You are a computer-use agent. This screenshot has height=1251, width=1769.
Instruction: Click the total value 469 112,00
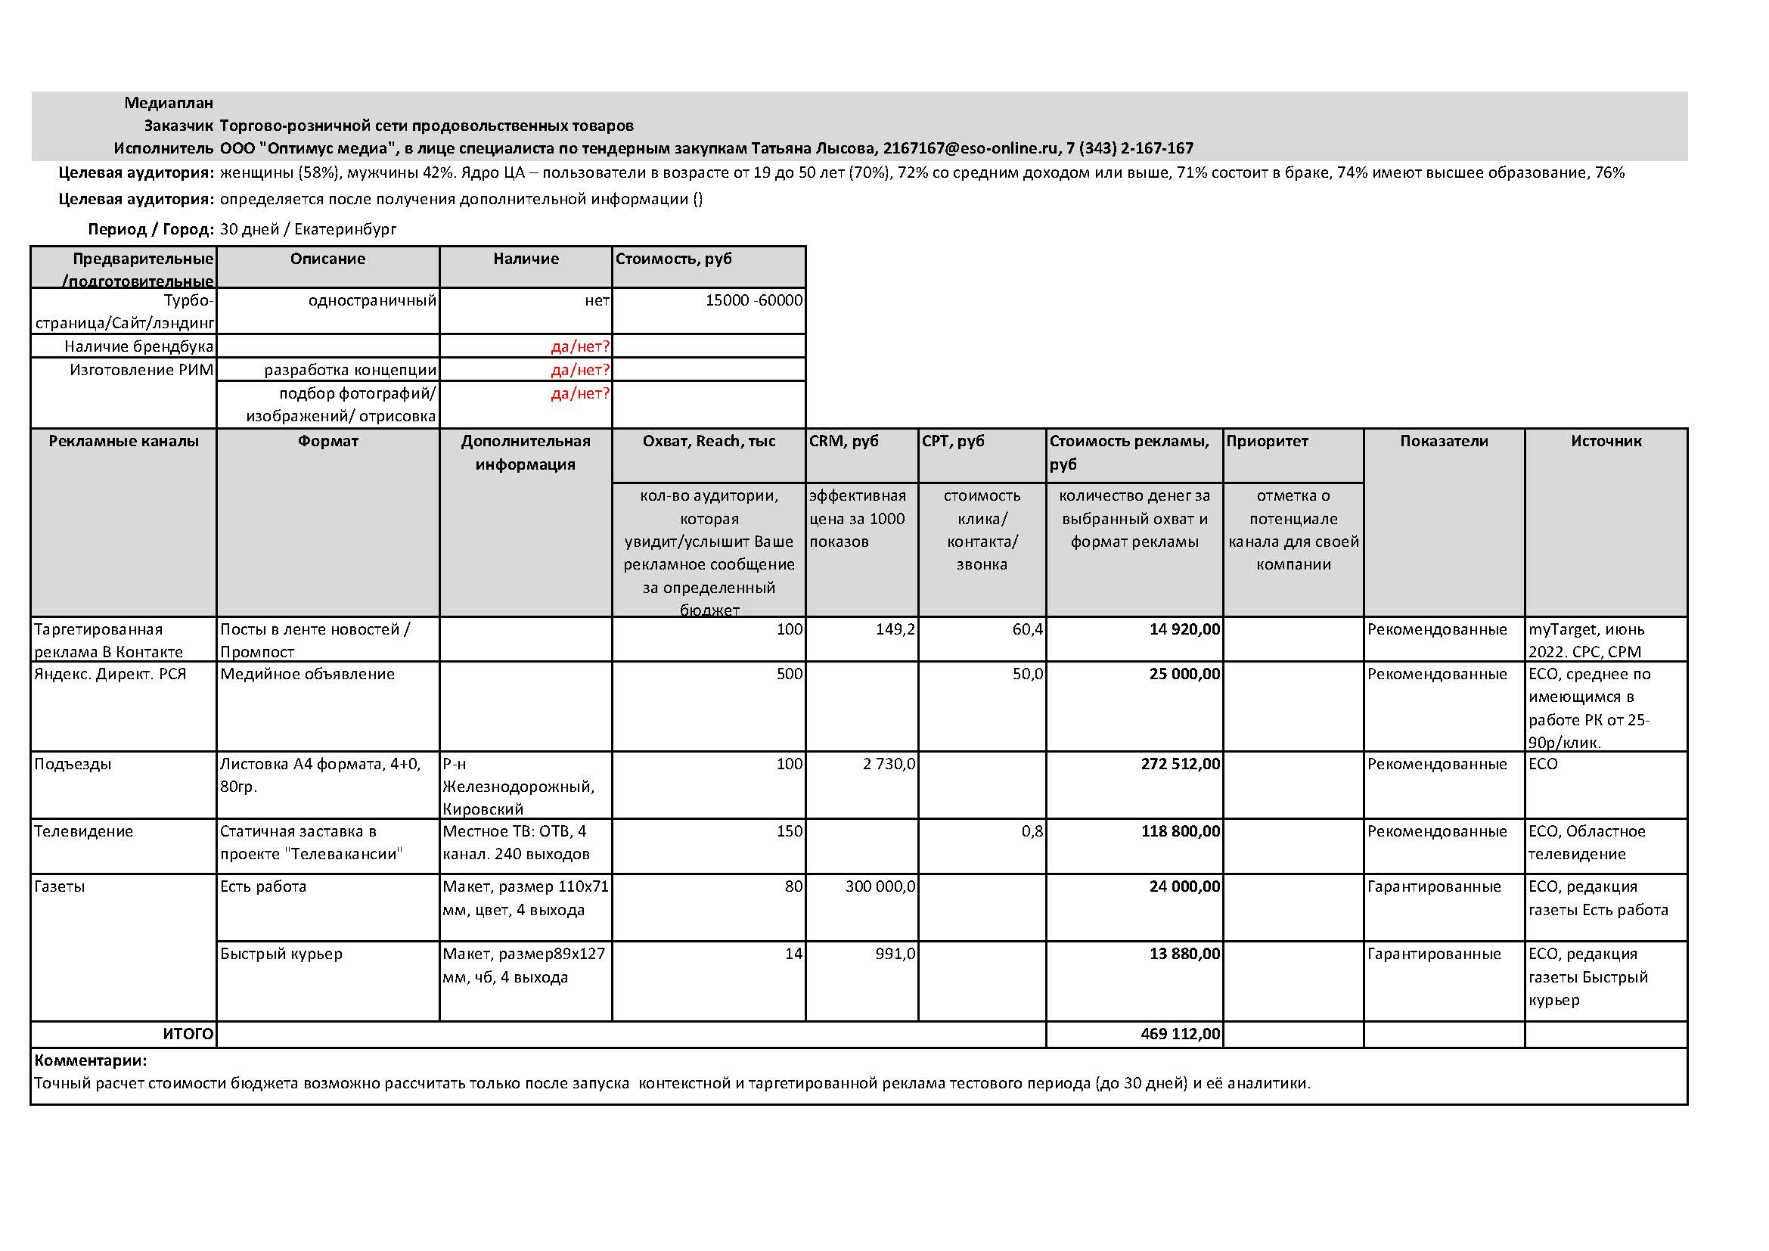[1181, 1034]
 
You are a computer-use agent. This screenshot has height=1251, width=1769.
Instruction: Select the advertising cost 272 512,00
[1181, 764]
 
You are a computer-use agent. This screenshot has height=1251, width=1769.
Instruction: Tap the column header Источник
[1606, 442]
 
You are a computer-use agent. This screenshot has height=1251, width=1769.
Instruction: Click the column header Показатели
[1443, 442]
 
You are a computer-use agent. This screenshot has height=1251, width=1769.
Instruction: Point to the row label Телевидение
[83, 831]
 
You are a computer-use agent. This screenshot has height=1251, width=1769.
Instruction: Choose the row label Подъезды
[73, 764]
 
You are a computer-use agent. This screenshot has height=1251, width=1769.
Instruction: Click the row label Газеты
[59, 886]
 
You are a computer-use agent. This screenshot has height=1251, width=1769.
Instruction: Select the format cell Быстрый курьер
[281, 954]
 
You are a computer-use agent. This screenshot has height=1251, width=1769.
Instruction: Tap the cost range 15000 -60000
[753, 300]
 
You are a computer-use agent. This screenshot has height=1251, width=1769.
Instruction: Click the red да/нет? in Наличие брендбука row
[579, 346]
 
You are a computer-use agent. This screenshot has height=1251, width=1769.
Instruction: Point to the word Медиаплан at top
[169, 102]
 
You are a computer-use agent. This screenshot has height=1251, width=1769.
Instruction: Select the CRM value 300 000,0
[880, 886]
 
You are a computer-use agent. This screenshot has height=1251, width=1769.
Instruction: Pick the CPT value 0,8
[1032, 831]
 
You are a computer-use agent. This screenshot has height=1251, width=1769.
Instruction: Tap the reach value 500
[789, 674]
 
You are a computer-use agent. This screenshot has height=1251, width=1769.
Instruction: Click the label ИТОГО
[188, 1034]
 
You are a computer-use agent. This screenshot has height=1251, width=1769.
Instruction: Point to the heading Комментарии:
[91, 1060]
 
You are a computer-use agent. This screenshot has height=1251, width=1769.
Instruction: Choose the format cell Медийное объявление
[306, 674]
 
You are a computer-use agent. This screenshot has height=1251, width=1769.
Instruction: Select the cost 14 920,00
[1184, 629]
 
